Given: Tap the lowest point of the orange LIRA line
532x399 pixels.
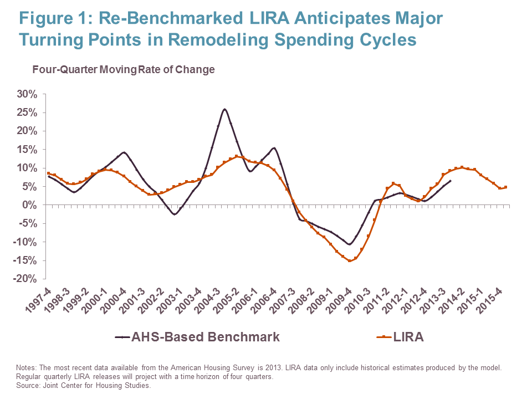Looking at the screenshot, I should [x=350, y=260].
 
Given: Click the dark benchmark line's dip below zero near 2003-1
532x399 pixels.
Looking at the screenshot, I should [x=175, y=214].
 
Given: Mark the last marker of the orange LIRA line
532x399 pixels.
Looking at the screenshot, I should [x=505, y=187].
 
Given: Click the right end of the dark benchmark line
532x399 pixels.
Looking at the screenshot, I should [x=450, y=181].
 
